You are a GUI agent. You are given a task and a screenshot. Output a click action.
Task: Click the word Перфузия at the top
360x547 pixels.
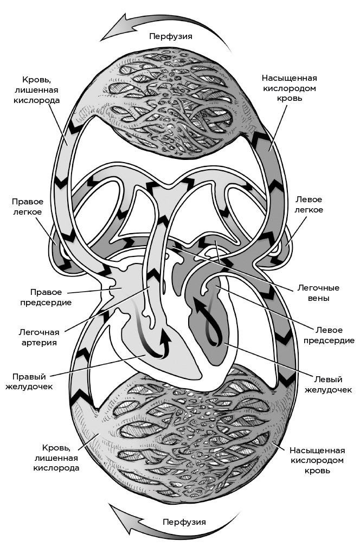point(171,36)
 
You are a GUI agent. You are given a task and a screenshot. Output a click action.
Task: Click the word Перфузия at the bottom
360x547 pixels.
point(184,522)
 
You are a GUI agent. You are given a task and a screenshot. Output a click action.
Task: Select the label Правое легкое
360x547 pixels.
point(27,206)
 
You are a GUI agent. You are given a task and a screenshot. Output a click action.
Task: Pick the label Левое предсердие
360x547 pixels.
point(329,334)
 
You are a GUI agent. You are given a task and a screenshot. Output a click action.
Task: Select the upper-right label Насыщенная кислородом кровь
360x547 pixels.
point(289,88)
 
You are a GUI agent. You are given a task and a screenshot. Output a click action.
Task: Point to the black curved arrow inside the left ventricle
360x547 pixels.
point(204,320)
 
